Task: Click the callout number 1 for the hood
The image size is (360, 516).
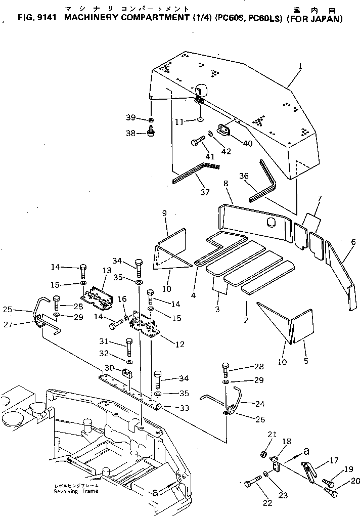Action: coord(300,66)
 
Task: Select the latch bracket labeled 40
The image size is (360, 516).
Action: coord(224,130)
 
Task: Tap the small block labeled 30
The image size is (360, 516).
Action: coord(127,373)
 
